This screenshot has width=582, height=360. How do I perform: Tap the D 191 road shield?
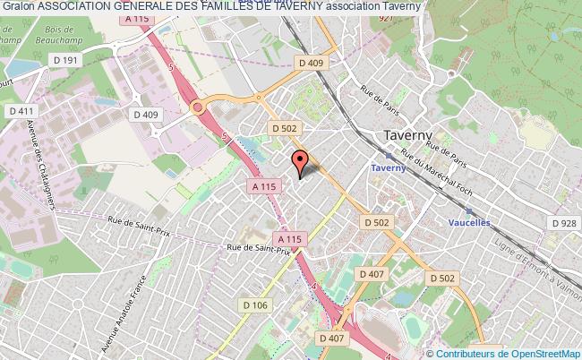(45, 59)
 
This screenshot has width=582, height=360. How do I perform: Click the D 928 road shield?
(563, 223)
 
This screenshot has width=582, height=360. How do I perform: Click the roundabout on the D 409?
(198, 108)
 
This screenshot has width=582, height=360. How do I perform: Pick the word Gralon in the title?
(18, 7)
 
